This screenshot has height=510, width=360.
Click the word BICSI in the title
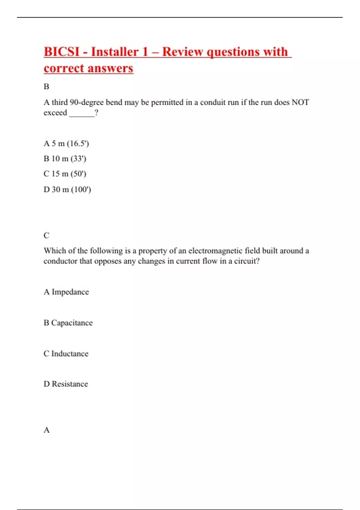click(x=61, y=52)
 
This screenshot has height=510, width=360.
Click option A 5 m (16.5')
click(x=66, y=143)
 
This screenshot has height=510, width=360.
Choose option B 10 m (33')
click(x=65, y=159)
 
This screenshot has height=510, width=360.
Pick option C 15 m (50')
click(x=65, y=174)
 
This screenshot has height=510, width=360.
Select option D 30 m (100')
click(x=67, y=190)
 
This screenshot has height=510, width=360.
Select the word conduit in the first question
click(x=213, y=103)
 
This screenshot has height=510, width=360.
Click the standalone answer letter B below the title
click(x=46, y=87)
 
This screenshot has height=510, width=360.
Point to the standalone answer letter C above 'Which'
click(x=46, y=235)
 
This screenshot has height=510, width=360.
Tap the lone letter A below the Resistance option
click(x=46, y=430)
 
